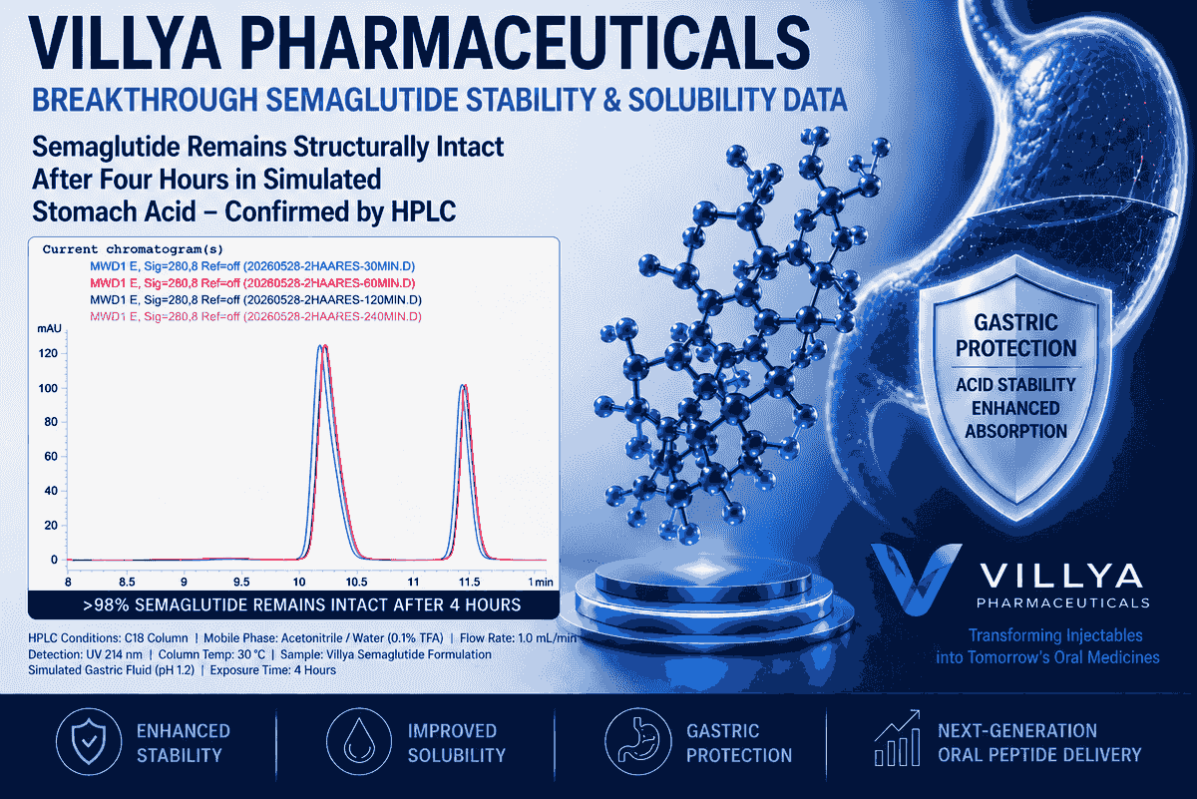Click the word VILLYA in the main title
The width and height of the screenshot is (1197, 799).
point(125,43)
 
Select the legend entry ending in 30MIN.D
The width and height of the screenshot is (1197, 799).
point(252,266)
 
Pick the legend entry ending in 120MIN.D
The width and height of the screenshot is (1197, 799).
point(255,300)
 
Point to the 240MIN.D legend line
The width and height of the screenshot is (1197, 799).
point(255,317)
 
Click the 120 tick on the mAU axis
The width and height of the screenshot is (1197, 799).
point(48,353)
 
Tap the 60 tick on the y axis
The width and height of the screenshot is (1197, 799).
point(51,457)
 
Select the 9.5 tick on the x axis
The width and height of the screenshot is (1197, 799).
point(241,582)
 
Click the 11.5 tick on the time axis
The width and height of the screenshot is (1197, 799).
point(469,582)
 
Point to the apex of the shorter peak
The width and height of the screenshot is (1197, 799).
point(464,385)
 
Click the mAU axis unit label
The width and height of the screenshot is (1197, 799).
point(49,329)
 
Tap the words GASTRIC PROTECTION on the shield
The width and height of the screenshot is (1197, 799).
point(1015,335)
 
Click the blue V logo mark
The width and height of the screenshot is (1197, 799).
point(915,579)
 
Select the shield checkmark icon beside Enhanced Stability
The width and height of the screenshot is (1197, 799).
point(89,742)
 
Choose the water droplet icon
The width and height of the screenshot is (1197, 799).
point(359,742)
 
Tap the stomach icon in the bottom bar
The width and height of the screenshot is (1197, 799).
point(638,742)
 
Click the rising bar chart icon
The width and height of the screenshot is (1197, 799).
point(898,738)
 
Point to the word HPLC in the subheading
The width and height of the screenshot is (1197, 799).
point(424,211)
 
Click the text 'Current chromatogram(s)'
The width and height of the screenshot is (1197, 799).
point(133,249)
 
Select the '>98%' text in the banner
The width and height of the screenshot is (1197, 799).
point(106,605)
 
